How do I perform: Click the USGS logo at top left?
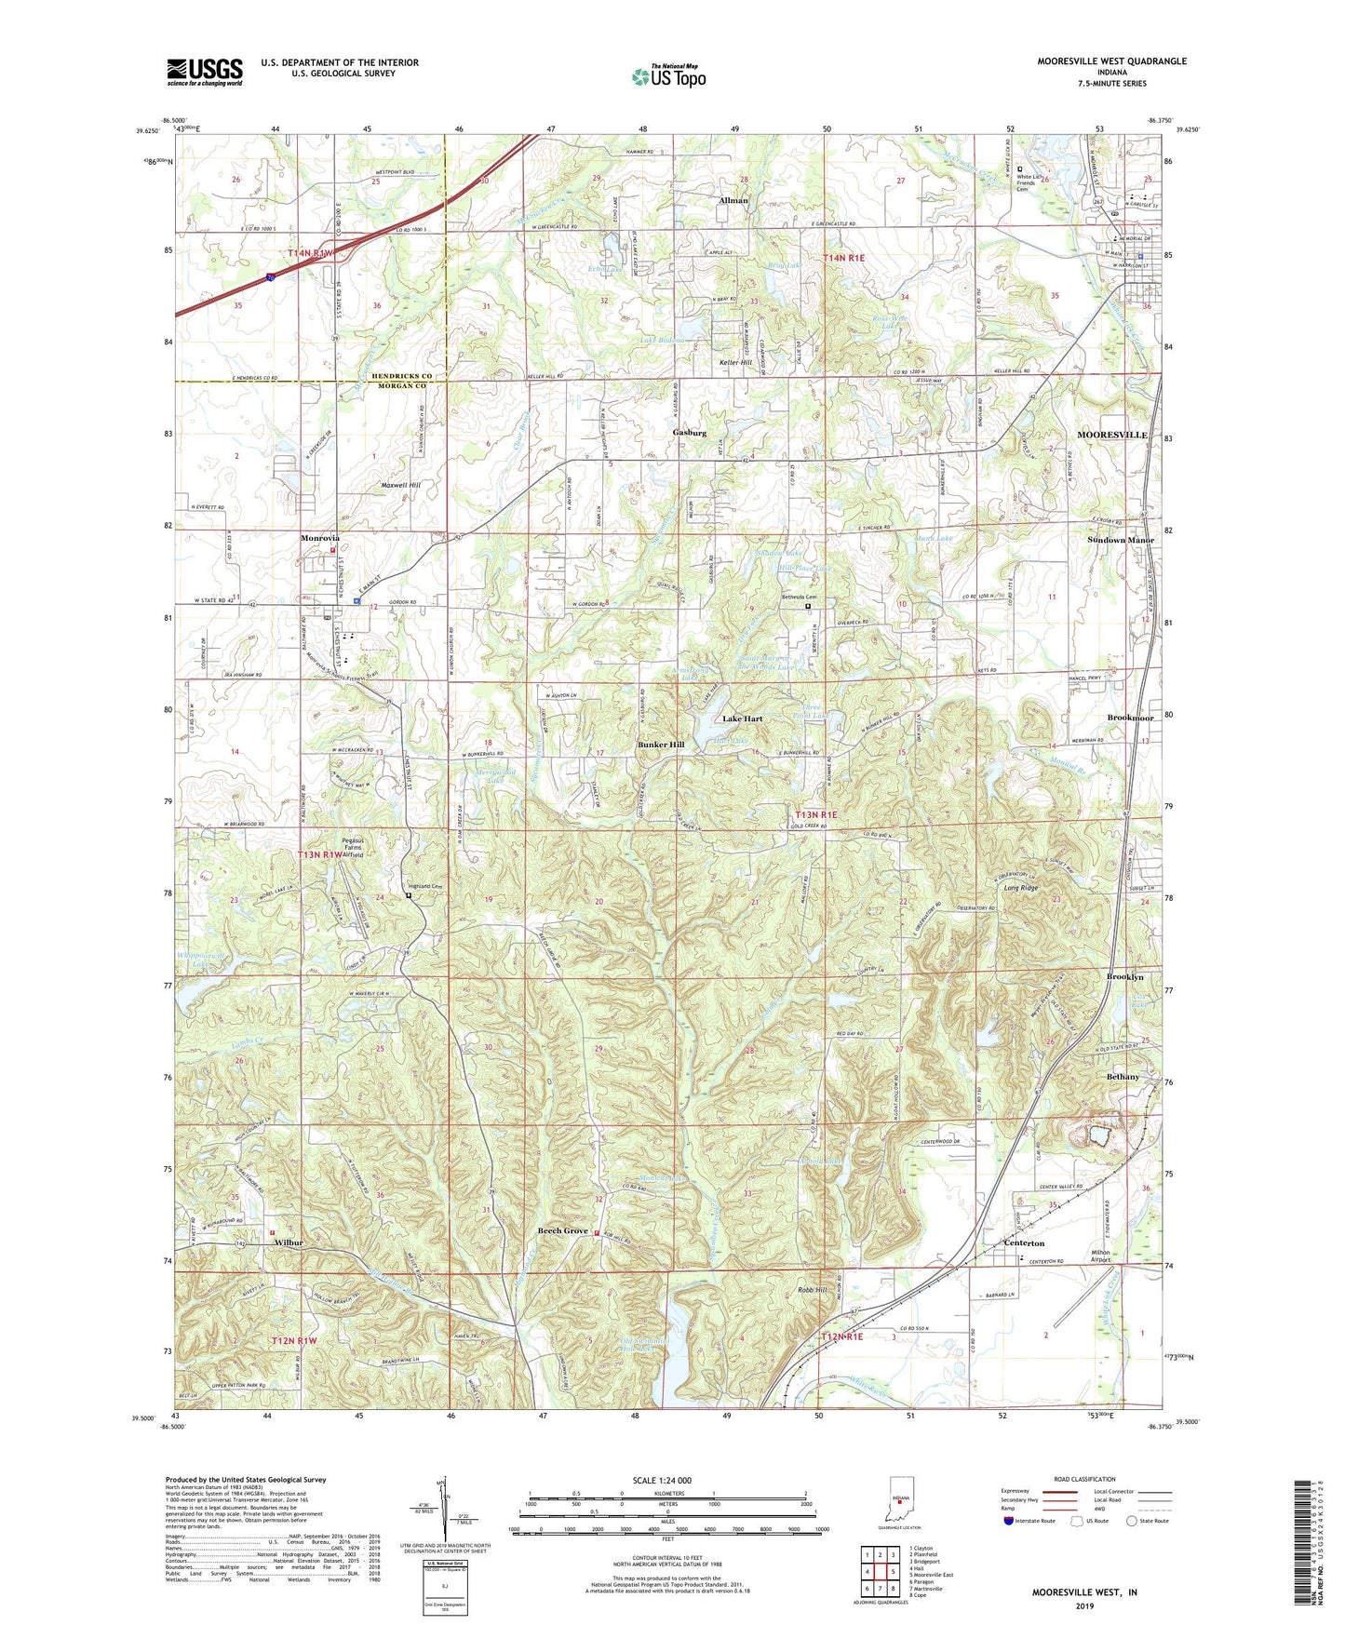point(205,71)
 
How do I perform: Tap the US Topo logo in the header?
point(668,76)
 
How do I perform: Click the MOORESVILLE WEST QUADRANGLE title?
point(1111,61)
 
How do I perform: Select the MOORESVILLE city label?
point(1111,435)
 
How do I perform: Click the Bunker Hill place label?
point(661,745)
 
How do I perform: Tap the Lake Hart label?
point(743,719)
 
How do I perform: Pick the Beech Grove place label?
point(563,1231)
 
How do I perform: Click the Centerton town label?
point(1024,1242)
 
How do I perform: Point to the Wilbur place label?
point(289,1242)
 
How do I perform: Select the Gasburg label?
point(690,433)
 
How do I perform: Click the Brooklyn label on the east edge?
point(1124,977)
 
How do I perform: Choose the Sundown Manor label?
point(1121,540)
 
